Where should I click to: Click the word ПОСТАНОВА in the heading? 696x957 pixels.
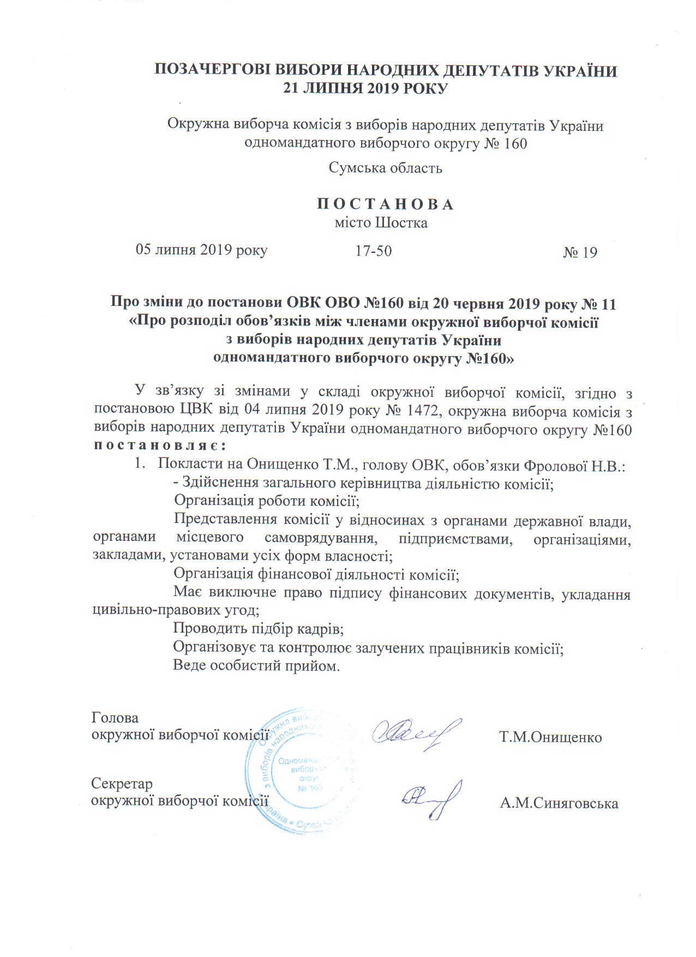pos(385,204)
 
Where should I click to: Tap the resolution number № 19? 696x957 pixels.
pos(580,252)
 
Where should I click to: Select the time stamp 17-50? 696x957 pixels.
pos(374,251)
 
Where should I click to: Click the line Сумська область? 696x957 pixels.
pos(385,167)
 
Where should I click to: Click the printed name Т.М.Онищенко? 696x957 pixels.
pos(550,737)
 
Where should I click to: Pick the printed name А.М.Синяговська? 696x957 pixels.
pos(559,803)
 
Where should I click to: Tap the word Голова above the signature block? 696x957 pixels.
pos(115,718)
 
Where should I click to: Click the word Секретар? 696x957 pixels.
pos(122,784)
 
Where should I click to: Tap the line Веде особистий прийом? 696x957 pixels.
pos(256,665)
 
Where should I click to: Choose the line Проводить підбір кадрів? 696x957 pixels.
pos(259,629)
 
